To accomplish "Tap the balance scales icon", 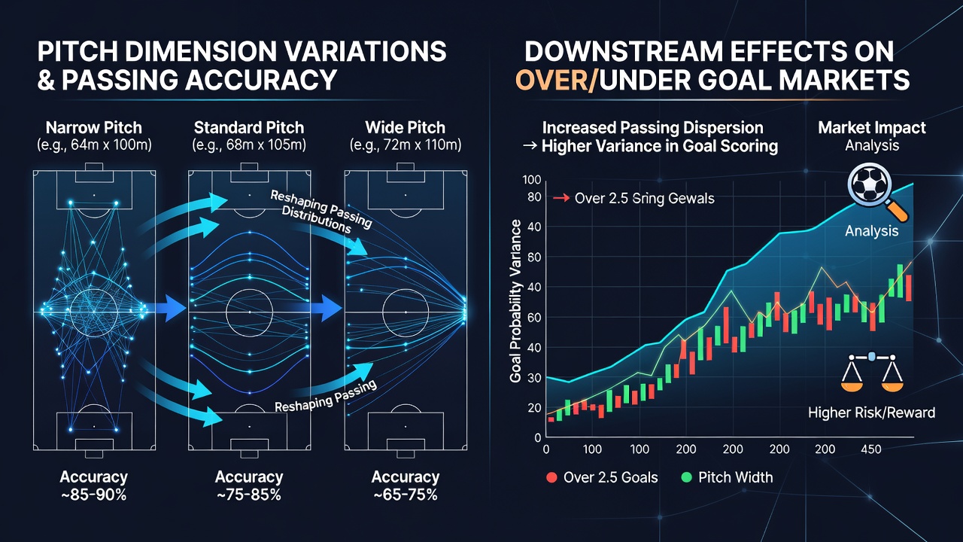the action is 871,373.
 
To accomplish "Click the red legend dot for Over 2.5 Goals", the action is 551,477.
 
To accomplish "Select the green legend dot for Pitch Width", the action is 687,477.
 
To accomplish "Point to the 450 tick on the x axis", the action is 871,449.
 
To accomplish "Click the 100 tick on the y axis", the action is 531,180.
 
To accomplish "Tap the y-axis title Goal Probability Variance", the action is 515,301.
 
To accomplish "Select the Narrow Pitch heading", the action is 94,128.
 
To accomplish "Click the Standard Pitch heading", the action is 249,128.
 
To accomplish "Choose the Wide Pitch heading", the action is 405,128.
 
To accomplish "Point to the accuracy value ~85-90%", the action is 94,495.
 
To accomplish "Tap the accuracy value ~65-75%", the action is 405,495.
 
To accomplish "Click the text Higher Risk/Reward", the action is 871,413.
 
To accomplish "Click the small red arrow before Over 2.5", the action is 561,198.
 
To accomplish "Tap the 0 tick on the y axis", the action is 537,438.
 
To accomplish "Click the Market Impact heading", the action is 871,128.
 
